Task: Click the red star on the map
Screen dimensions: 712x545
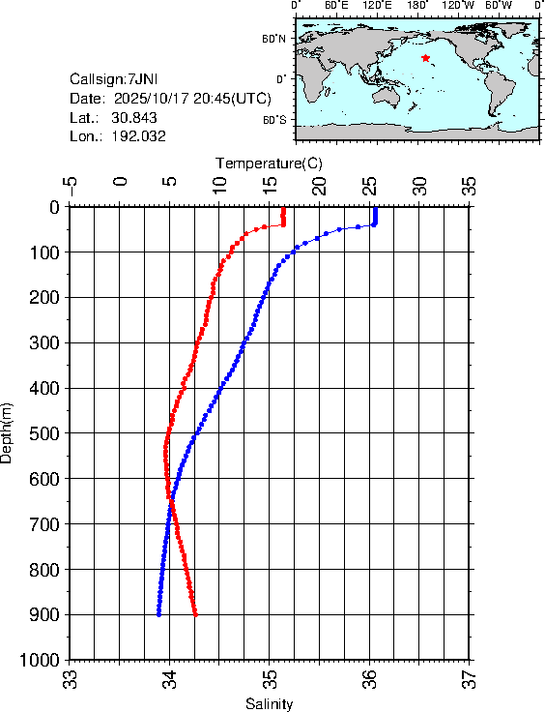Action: coord(425,58)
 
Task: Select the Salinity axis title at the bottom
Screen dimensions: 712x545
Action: coord(269,703)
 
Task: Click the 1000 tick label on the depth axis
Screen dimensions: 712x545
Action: coord(41,660)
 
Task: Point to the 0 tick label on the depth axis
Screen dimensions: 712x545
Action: coord(54,207)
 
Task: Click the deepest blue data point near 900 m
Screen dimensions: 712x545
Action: coord(158,614)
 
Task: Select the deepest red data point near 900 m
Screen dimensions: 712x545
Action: coord(196,614)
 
